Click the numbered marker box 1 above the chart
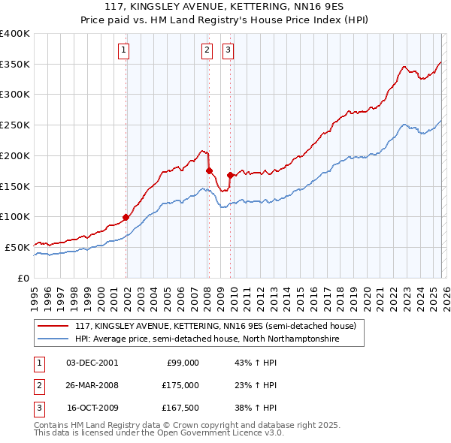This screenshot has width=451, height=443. coord(123,50)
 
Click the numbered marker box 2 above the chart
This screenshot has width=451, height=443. coord(207,50)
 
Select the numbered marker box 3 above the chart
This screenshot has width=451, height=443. coord(228,50)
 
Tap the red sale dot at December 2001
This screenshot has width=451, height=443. coord(126,217)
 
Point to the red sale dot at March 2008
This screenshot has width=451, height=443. coord(208,170)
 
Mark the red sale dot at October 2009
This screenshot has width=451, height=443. coord(230,175)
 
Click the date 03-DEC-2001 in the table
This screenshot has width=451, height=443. coord(92,363)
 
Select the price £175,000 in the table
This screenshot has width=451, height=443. coord(181,385)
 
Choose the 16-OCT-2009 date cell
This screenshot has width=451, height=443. coord(92,408)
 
